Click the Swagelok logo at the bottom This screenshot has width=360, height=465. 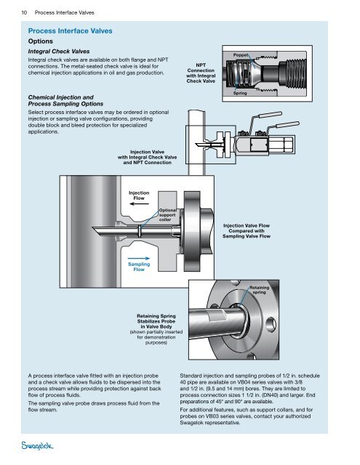pos(37,445)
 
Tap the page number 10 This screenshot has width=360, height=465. pos(24,12)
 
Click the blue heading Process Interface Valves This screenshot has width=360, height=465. pos(70,31)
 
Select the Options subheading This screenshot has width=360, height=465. pos(40,41)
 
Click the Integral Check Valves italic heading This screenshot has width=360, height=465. pos(59,52)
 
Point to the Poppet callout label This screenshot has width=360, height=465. pos(240,55)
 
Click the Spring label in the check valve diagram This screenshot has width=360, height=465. pos(240,93)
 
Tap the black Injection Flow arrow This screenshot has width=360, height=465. pos(139,203)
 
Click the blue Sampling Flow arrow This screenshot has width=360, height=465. pos(139,259)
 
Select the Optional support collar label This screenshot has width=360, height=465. pos(167,215)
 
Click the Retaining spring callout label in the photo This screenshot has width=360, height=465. pos(259,290)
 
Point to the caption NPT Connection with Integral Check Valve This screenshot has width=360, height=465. pos(201,73)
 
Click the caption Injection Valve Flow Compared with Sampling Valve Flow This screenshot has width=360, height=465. pos(247,231)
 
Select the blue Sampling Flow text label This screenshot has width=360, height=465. pos(139,267)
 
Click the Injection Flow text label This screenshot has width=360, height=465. pos(139,195)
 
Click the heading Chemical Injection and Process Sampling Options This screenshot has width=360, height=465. pos(65,100)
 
